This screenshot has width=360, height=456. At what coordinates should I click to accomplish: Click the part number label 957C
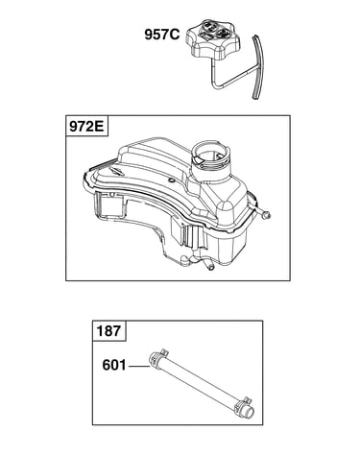point(162,35)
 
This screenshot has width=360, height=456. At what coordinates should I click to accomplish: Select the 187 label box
point(109,330)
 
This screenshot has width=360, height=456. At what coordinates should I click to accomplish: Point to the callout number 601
point(114,365)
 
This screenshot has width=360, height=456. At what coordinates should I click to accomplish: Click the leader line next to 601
point(139,366)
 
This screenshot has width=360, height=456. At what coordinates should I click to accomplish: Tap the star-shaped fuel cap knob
point(213,39)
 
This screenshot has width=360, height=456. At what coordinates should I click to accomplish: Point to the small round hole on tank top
point(172,181)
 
